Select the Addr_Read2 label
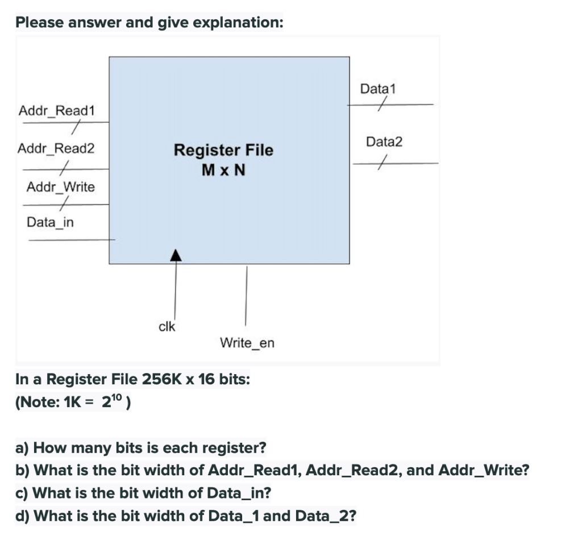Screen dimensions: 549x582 coord(56,149)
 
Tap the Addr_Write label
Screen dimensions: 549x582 coord(61,187)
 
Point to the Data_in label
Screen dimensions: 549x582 coord(50,222)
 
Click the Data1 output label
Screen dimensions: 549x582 coord(378,89)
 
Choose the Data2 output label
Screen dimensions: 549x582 coord(384,142)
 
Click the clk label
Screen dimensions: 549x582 coord(167,326)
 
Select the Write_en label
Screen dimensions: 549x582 coord(247,343)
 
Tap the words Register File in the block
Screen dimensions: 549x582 coord(223,150)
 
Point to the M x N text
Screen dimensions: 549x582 coord(223,170)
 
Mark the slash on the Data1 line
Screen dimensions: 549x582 coord(384,104)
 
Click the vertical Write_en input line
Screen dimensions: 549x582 coord(246,295)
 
